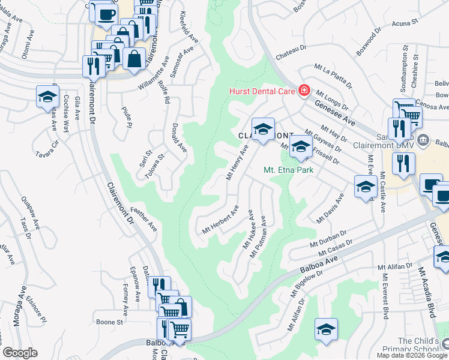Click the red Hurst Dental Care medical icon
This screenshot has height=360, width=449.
click(304, 91)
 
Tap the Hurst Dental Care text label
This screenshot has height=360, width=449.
click(262, 91)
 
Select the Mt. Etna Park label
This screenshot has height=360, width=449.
click(288, 170)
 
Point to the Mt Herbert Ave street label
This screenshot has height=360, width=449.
click(220, 220)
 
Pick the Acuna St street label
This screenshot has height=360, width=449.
click(405, 24)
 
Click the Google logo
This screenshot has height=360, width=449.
click(20, 353)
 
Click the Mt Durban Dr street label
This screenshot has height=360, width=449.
click(328, 239)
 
